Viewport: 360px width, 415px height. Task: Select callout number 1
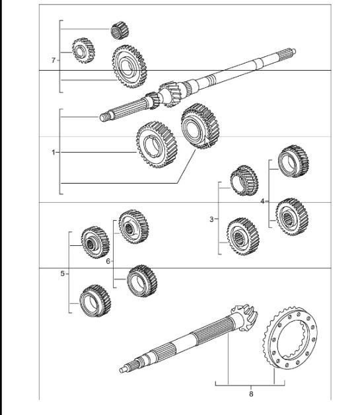click(x=54, y=152)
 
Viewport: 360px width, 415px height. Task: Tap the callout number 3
click(x=212, y=219)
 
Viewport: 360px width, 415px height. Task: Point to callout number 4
click(x=262, y=200)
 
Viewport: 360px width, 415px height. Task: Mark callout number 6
click(x=108, y=262)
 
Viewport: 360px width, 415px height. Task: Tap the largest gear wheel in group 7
click(x=129, y=67)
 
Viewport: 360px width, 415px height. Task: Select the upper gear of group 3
click(x=242, y=183)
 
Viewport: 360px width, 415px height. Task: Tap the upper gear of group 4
click(x=291, y=161)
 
